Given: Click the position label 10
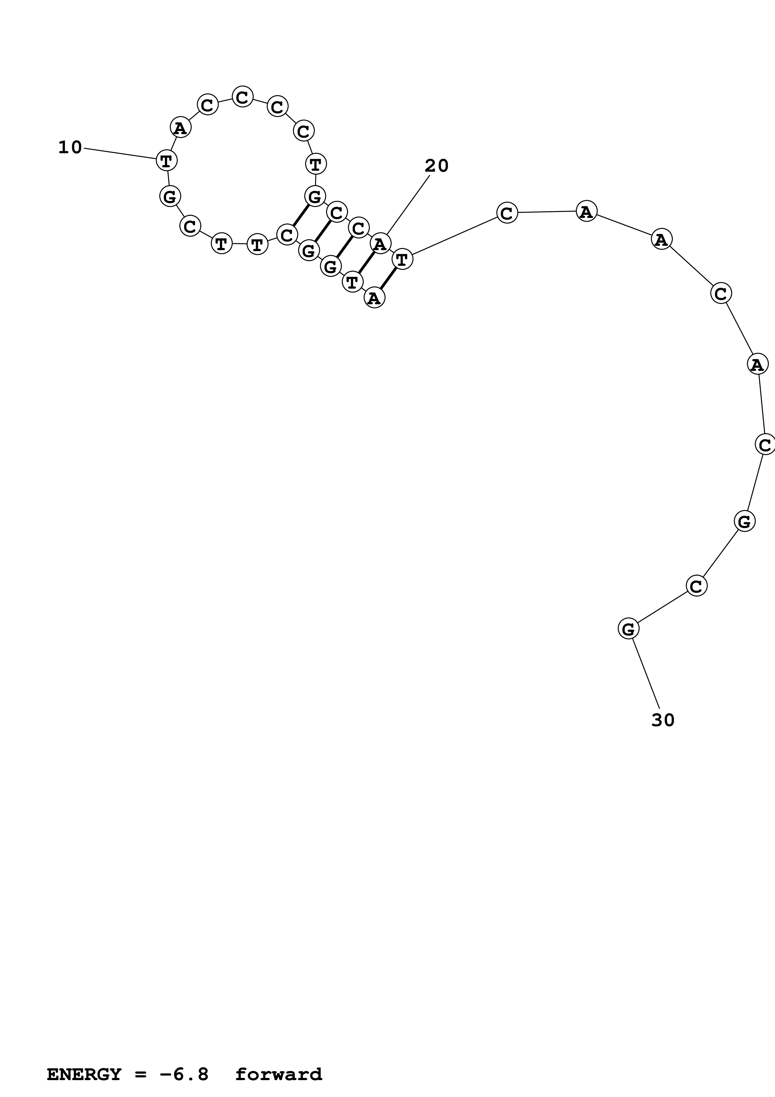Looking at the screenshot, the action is [x=70, y=148].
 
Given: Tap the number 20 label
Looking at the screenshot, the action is [x=436, y=166].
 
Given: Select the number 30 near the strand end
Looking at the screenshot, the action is [x=663, y=720].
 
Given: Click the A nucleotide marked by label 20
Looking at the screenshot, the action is [x=380, y=244].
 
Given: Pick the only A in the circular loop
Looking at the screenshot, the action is [x=180, y=128].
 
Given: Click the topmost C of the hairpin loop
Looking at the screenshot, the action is [x=243, y=97].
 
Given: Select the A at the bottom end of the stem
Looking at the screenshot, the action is [x=374, y=298].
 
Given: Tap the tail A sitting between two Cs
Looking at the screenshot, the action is [x=757, y=365].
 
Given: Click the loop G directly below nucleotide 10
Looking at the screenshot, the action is [x=169, y=196].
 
